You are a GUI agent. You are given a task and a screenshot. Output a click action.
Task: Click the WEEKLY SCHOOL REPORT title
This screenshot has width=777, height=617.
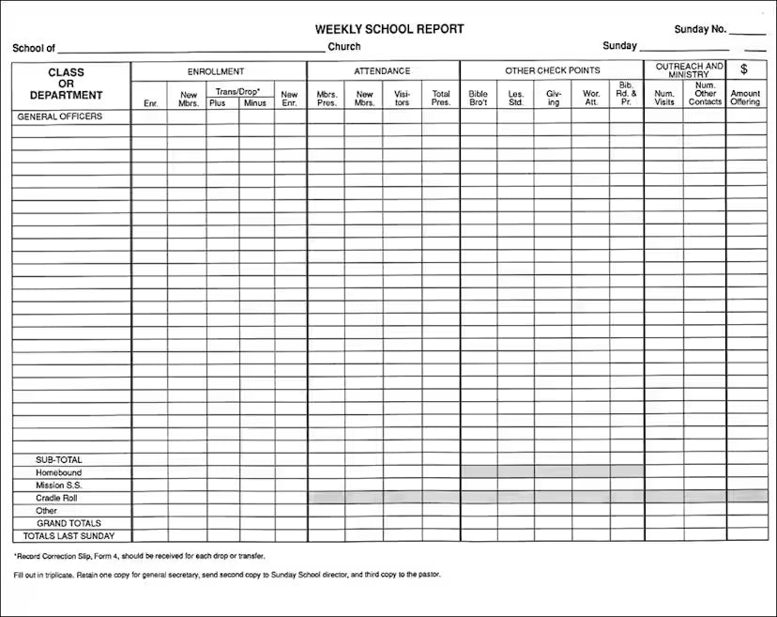389,29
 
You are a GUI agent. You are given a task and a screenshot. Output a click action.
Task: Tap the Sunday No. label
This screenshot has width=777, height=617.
700,29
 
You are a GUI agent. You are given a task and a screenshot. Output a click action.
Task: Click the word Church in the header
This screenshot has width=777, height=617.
344,47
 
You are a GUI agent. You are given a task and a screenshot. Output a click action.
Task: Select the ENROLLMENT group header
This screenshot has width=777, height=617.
216,71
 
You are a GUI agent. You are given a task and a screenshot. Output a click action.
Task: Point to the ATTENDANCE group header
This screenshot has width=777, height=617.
382,71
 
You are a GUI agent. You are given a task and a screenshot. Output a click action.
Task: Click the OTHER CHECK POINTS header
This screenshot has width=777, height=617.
552,71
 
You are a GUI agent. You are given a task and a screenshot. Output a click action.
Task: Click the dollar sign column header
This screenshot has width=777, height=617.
744,69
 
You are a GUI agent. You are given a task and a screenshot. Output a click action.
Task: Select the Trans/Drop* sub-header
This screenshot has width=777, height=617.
238,91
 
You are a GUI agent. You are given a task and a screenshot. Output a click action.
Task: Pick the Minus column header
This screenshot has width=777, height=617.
255,102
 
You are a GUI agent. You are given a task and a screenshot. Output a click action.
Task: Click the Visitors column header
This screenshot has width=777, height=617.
402,98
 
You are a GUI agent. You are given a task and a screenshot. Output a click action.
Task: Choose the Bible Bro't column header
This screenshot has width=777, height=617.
479,98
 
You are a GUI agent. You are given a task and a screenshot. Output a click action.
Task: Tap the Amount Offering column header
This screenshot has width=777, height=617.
745,98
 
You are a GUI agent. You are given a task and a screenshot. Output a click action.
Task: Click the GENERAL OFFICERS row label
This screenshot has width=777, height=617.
59,116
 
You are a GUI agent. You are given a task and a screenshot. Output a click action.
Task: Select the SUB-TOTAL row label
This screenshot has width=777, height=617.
59,460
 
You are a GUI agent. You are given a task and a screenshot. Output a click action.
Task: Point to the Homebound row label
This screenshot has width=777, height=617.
59,473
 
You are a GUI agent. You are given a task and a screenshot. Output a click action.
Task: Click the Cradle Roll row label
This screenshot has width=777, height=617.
59,499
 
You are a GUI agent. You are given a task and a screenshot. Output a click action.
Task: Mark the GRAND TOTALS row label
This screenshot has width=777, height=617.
69,523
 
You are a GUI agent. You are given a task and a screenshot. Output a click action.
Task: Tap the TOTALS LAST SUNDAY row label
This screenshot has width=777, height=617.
69,536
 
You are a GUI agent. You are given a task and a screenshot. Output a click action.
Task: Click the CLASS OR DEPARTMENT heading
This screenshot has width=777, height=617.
66,84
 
